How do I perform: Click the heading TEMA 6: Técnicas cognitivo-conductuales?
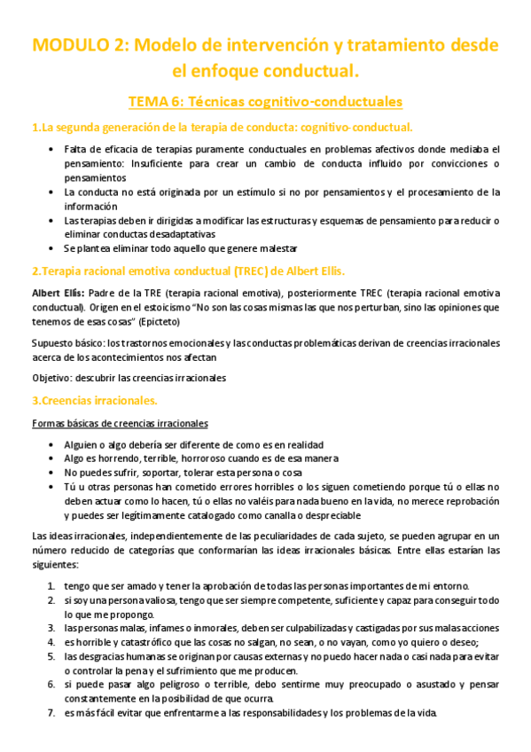coord(265,101)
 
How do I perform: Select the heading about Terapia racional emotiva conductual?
coord(188,270)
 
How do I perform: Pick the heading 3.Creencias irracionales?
coord(94,400)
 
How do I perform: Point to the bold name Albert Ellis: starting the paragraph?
coord(59,293)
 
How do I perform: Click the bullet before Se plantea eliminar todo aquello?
coord(52,247)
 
